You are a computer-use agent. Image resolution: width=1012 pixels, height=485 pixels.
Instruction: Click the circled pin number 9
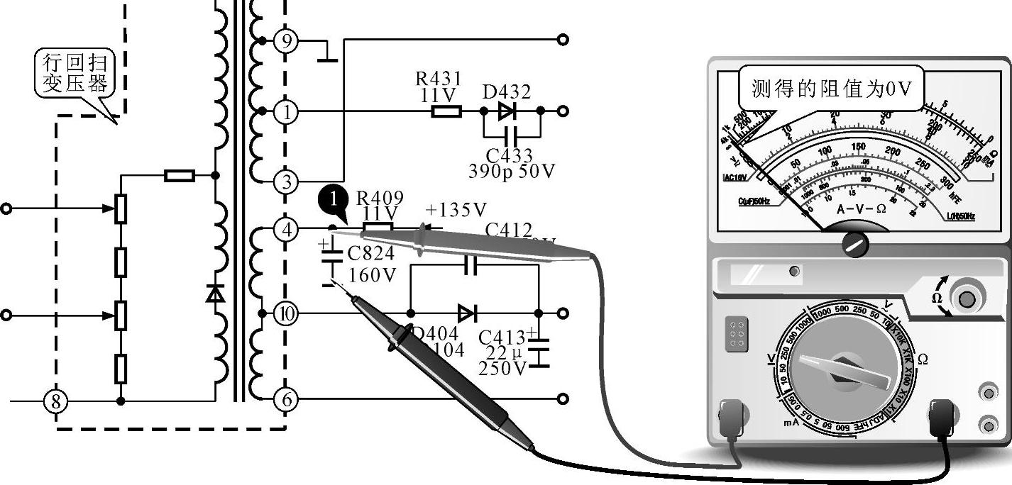[x=286, y=40]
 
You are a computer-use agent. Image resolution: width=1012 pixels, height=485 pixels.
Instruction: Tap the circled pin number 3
[x=286, y=182]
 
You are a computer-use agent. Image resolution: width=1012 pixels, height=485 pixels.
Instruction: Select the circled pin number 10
[x=286, y=313]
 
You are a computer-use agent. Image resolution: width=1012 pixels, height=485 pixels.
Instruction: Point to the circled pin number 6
[x=286, y=399]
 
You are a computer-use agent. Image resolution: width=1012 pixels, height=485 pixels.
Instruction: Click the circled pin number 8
[x=57, y=401]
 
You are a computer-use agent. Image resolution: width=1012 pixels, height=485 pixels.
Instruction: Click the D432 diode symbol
[x=506, y=111]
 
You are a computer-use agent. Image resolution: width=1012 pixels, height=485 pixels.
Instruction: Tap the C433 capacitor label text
[x=509, y=155]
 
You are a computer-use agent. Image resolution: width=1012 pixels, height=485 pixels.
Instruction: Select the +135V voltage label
[x=456, y=210]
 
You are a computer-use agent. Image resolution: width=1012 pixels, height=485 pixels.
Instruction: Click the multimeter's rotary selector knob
[x=844, y=369]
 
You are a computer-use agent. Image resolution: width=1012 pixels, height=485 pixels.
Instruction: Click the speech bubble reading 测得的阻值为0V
[x=830, y=89]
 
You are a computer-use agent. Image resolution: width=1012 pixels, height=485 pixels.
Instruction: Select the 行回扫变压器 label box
[x=75, y=74]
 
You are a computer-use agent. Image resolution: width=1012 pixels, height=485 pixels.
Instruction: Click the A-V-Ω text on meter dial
[x=861, y=209]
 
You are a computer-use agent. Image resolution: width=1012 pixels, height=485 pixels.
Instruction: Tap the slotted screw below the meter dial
[x=855, y=245]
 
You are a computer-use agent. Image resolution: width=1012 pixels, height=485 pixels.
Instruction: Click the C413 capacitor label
[x=502, y=337]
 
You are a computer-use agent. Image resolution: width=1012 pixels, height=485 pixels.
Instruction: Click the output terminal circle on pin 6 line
[x=563, y=399]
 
